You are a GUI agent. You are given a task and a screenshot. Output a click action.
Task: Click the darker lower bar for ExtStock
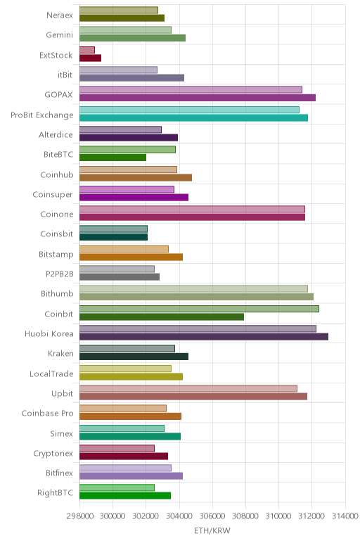[x=90, y=58]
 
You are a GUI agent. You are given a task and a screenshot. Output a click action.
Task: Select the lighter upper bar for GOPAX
[x=191, y=90]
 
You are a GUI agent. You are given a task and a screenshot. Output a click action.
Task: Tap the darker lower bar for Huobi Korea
[x=204, y=337]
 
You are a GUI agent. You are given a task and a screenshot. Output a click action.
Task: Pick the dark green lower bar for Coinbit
[x=162, y=317]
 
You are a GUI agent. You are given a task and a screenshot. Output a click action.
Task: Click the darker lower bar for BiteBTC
[x=112, y=158]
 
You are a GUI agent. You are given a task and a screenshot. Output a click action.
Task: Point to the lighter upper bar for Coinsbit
[x=113, y=229]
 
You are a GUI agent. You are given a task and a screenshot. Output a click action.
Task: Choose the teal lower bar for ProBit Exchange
[x=193, y=117]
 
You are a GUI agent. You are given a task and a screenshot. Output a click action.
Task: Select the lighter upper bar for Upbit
[x=188, y=388]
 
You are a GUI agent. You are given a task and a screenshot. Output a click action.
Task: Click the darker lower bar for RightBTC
[x=125, y=496]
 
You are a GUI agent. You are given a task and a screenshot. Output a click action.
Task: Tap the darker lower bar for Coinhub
[x=136, y=177]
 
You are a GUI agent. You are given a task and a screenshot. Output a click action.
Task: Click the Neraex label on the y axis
[x=60, y=15]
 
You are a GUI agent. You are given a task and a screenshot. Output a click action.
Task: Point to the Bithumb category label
[x=57, y=294]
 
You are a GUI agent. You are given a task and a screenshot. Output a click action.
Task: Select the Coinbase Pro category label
[x=47, y=413]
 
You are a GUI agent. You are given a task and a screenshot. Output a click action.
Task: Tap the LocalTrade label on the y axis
[x=51, y=373]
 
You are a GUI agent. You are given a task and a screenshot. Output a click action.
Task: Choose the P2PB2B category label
[x=60, y=274]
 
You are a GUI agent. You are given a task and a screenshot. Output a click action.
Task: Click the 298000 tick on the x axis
[x=79, y=516]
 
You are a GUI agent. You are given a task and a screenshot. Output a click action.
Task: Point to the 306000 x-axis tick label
[x=212, y=516]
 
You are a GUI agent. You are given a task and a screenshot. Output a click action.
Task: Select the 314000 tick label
[x=345, y=516]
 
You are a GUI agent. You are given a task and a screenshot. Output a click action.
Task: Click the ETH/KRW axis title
[x=212, y=530]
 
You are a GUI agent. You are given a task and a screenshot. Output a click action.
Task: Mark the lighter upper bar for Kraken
[x=127, y=348]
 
